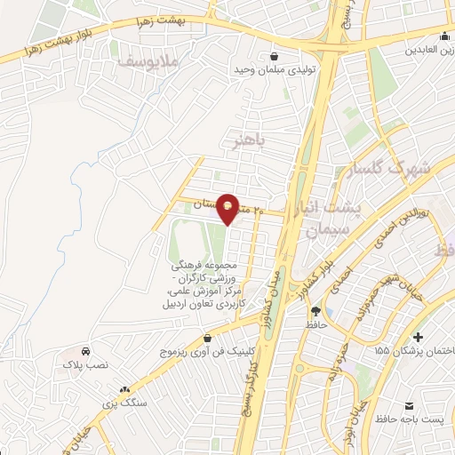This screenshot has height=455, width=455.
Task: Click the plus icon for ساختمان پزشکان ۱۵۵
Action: [x=418, y=336]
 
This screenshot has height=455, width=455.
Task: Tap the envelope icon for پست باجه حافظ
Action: [x=410, y=403]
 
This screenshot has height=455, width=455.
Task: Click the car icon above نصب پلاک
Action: [x=85, y=351]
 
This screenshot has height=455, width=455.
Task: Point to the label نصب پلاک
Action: [x=84, y=365]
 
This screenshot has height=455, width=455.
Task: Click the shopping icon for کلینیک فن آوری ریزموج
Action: [x=208, y=338]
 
